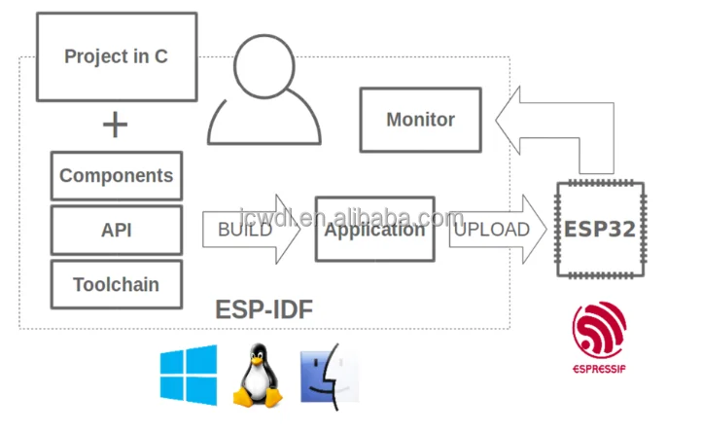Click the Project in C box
point(116,56)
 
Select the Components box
point(116,176)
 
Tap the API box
point(116,231)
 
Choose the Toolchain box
point(116,285)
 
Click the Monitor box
point(420,120)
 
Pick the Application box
point(374,230)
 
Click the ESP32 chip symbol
point(599,230)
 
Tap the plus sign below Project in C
point(116,125)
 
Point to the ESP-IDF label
point(263,310)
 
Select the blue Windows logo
point(190,375)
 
